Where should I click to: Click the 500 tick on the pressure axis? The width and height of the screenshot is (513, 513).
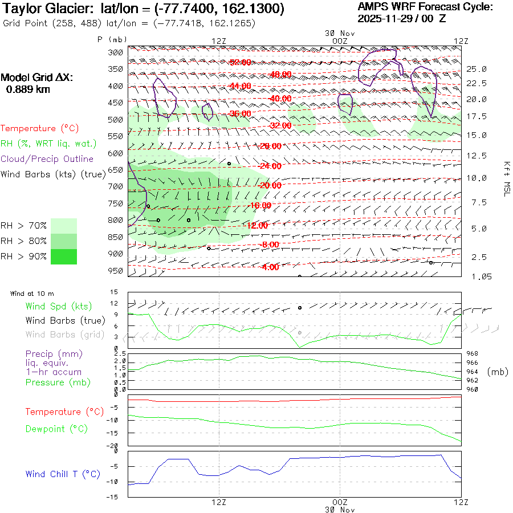tap(116, 120)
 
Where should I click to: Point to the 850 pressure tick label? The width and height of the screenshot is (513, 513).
tap(116, 237)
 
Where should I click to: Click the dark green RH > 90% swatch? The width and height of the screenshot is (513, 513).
tap(64, 256)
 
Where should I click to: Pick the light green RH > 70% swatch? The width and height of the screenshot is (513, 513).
tap(64, 226)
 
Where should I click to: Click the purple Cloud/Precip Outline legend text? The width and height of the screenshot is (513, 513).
tap(47, 159)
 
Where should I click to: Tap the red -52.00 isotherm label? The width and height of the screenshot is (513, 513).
tap(240, 62)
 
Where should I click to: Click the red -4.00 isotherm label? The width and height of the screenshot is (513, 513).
tap(270, 267)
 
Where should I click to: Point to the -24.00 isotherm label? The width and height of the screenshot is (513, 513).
tap(270, 166)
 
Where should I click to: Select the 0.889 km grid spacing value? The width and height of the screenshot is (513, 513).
tap(28, 89)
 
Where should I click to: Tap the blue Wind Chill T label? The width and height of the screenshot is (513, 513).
tap(63, 474)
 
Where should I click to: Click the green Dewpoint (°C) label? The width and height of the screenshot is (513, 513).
tap(56, 429)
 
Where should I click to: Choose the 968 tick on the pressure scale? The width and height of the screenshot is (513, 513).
tap(472, 354)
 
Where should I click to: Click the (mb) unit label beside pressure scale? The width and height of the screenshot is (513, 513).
tap(498, 372)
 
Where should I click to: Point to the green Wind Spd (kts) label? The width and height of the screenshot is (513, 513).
tap(58, 307)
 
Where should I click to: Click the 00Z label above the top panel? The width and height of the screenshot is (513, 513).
tap(339, 41)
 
